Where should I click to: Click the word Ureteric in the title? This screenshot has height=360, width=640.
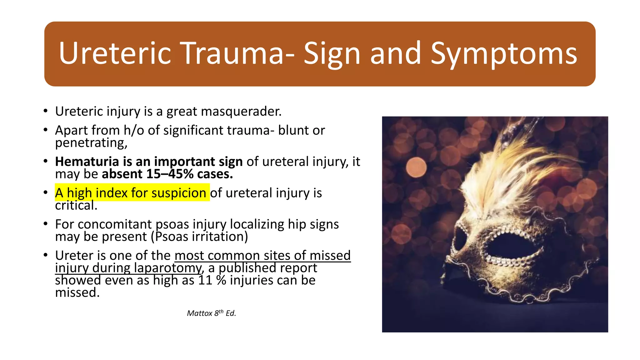(x=115, y=54)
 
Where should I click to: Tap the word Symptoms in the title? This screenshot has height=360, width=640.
(x=503, y=54)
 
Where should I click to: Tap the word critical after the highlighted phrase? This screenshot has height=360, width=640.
(x=76, y=206)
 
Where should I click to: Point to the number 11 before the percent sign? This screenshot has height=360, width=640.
(x=205, y=280)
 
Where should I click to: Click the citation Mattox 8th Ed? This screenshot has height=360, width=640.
(x=211, y=313)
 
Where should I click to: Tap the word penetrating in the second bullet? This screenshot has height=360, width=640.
(x=91, y=143)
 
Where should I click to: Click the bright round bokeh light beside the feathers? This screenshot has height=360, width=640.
(x=416, y=167)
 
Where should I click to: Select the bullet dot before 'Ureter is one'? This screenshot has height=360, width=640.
(x=46, y=255)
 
